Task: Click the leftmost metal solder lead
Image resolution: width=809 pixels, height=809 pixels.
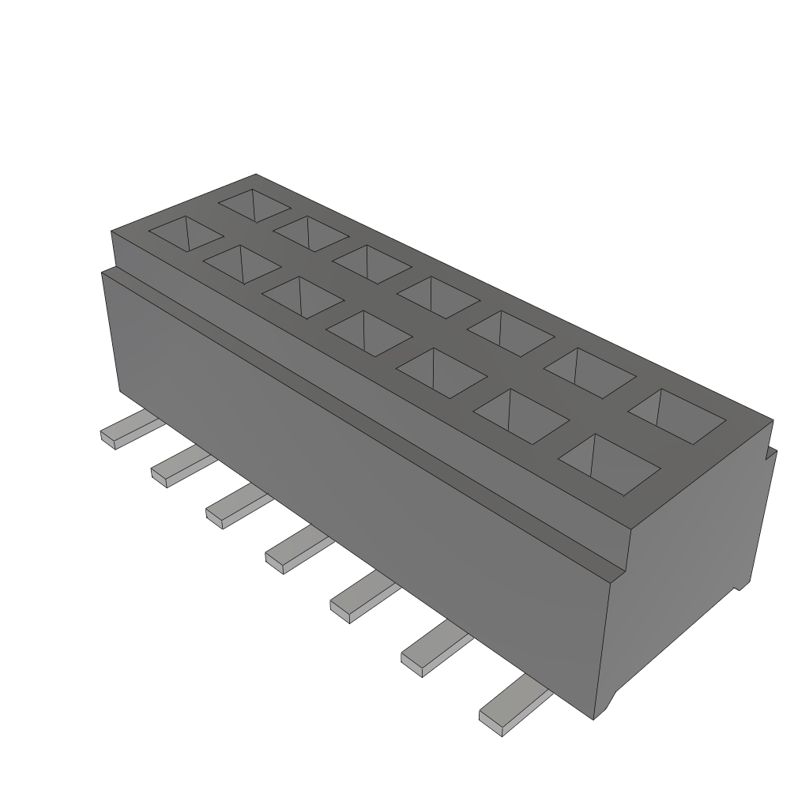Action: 126,431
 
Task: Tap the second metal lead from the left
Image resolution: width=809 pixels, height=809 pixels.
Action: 177,467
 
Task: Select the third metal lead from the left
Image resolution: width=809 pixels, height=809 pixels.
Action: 232,507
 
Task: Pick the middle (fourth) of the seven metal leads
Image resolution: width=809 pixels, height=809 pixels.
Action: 294,551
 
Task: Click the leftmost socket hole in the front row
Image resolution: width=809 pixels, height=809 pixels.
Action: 186,233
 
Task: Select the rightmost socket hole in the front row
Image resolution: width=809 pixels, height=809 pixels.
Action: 610,463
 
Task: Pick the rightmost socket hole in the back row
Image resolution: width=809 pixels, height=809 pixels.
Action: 677,413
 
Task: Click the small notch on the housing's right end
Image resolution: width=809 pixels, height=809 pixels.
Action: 769,452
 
